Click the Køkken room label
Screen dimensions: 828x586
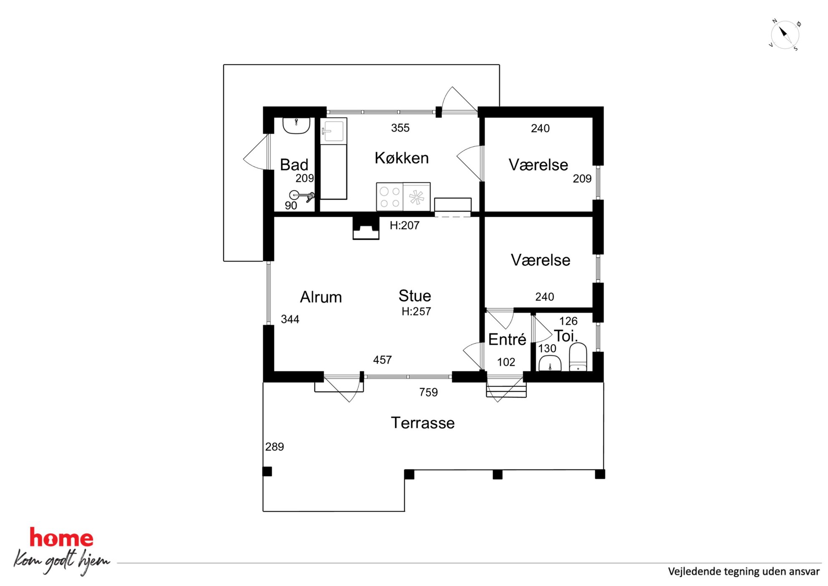401,158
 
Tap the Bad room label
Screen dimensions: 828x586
294,165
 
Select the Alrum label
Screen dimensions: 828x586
321,297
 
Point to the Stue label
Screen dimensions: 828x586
414,296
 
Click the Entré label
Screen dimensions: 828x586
507,339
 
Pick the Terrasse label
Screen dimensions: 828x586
423,423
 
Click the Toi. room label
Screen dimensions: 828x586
566,336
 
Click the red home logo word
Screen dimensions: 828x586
61,538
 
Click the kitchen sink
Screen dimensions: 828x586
333,131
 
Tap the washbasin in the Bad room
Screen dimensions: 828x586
296,126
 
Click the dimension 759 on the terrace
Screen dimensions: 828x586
429,392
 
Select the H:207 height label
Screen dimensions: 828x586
404,226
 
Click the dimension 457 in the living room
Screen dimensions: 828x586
382,360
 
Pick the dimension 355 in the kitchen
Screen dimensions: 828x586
400,128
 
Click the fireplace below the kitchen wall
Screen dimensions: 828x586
366,228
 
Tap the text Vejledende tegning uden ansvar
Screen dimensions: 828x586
744,571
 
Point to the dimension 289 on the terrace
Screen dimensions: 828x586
275,446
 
